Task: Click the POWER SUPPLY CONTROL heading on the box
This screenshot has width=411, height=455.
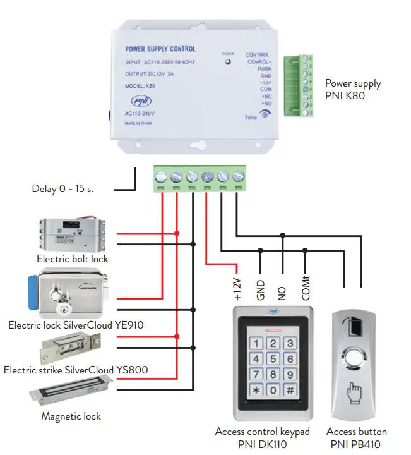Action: (x=160, y=49)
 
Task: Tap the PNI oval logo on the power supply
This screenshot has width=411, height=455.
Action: (x=140, y=102)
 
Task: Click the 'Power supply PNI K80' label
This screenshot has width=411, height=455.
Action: (x=353, y=89)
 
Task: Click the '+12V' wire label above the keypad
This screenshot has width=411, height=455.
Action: (x=237, y=288)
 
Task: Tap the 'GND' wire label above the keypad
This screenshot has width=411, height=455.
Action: (x=259, y=290)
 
